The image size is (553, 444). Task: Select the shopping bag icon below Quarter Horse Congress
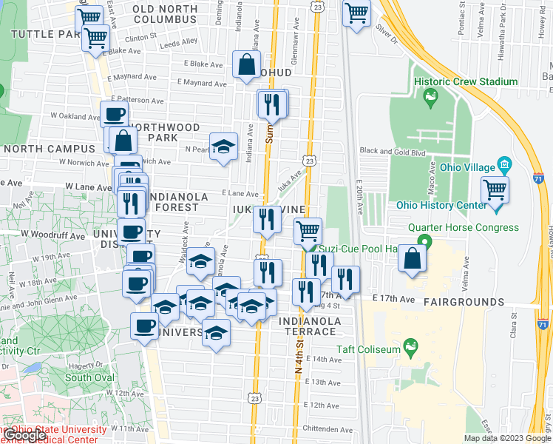[413, 258]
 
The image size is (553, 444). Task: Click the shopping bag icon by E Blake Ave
[246, 64]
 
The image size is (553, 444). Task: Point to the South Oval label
[89, 377]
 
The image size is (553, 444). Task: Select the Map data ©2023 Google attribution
[507, 438]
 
